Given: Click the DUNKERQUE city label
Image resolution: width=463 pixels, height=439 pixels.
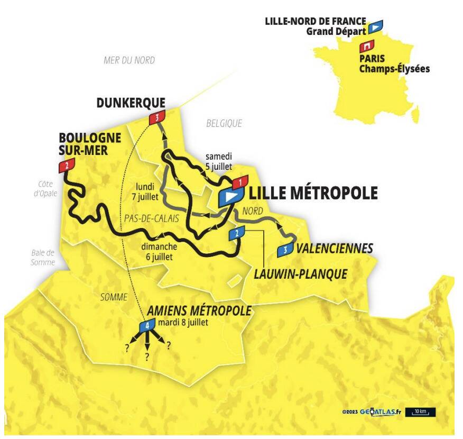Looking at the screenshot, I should [131, 102].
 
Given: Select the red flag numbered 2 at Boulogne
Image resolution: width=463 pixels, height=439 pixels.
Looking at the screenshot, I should [67, 166].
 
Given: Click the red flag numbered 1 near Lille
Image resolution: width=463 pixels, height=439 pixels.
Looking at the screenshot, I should [240, 182].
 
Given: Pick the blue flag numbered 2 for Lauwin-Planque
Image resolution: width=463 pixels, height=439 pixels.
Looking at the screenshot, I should [236, 234].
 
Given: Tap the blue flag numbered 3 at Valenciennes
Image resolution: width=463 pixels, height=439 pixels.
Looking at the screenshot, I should [285, 250].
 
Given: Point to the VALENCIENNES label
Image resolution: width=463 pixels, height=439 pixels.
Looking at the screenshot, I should [335, 249].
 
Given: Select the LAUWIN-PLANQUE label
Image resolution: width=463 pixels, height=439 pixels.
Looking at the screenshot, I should [300, 274].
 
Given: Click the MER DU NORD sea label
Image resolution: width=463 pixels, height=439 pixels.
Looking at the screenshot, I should [129, 60].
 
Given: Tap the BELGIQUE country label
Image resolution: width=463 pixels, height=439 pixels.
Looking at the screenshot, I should [224, 123].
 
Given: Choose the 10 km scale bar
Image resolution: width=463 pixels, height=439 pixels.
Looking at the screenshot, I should [421, 411].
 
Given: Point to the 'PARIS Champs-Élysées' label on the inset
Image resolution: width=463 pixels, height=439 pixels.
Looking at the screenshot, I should [394, 63].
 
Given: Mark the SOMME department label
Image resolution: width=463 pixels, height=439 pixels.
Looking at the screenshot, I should [114, 297].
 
